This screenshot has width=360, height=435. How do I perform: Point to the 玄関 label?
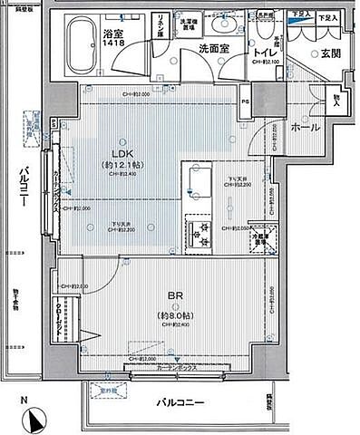pos(328,54)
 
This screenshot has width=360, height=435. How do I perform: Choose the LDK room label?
pos(117,154)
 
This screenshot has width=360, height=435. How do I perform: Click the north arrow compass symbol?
pos(35,420)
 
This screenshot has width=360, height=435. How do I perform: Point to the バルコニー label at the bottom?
pos(178,401)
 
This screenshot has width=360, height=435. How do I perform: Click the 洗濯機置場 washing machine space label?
pos(188,24)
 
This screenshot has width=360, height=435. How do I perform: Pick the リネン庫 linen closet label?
pos(160,24)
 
